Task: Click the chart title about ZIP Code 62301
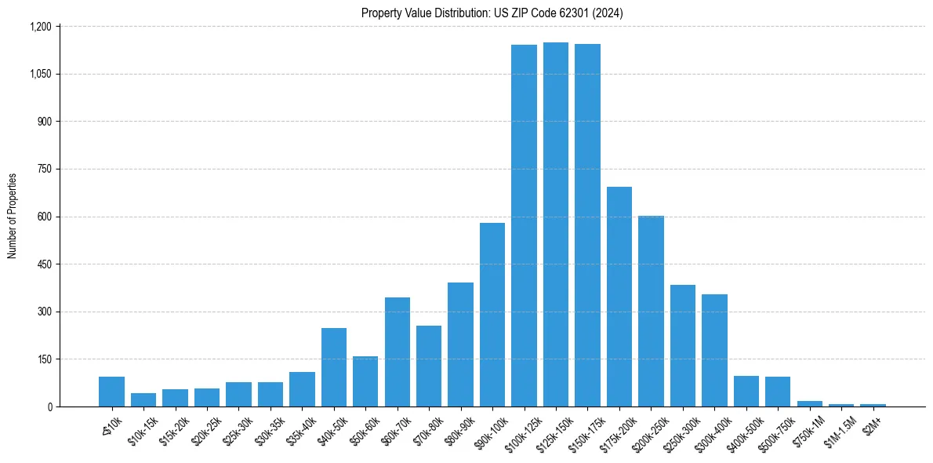pos(492,13)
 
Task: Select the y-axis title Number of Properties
pos(13,216)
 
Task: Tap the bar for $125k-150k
pos(556,224)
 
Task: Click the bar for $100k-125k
pos(524,226)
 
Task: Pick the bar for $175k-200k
pos(619,297)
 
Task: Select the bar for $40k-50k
pos(334,367)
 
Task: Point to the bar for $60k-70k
pos(398,352)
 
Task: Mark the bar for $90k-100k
pos(492,315)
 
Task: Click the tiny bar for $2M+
pos(873,405)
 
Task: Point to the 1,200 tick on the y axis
pos(40,27)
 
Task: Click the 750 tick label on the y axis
pos(43,170)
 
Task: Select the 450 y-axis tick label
pos(43,264)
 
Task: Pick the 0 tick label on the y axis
pos(49,407)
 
